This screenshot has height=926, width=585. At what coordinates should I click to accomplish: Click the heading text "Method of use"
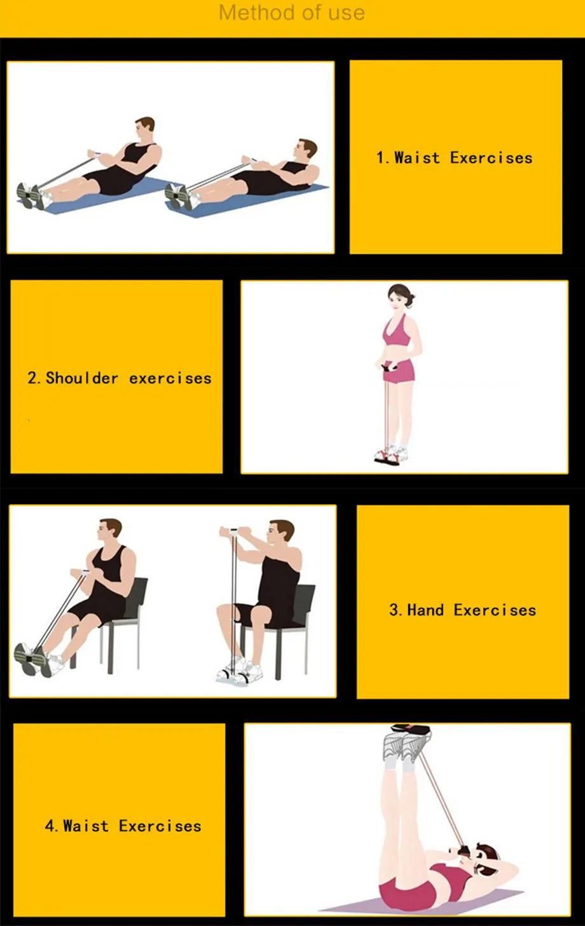click(292, 13)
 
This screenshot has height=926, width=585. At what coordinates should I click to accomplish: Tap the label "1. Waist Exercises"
click(454, 158)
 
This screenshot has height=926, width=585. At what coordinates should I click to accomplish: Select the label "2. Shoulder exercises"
click(120, 378)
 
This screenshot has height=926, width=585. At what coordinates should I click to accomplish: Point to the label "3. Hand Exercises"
click(462, 610)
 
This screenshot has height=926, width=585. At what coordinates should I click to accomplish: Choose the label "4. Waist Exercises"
click(123, 826)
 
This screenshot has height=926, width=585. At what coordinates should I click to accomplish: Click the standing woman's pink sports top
click(396, 334)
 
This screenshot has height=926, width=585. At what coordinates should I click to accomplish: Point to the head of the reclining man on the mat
click(306, 151)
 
